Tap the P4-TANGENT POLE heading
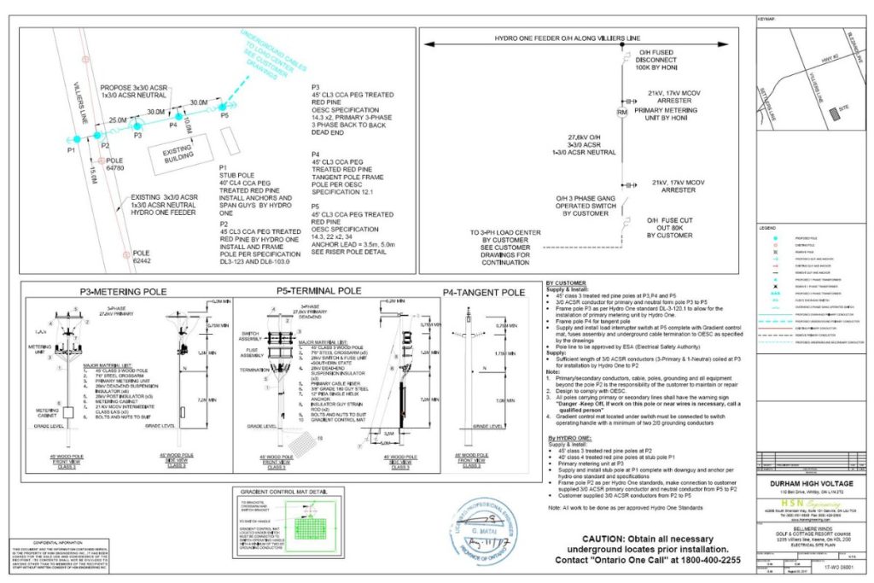(483, 292)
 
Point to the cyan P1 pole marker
(75, 138)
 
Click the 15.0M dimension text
(89, 173)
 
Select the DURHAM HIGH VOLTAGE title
(812, 482)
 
